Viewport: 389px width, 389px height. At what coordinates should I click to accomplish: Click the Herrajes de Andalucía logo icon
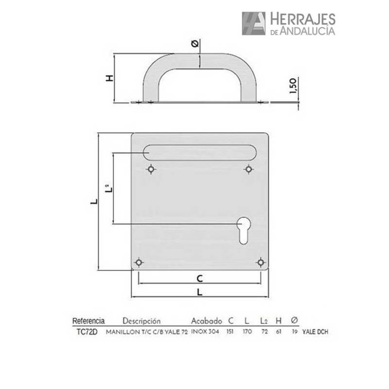[253, 23]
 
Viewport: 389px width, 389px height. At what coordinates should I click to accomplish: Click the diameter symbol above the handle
[195, 44]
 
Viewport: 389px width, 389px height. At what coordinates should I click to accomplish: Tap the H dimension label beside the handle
[109, 78]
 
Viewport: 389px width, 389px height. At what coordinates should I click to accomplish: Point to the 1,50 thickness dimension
[293, 86]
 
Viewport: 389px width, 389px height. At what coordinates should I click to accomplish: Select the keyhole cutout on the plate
[244, 230]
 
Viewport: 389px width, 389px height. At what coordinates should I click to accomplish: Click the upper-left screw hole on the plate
[151, 169]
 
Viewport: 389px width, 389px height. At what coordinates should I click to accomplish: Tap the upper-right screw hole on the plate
[248, 169]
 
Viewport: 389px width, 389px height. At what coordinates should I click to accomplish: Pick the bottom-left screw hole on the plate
[139, 262]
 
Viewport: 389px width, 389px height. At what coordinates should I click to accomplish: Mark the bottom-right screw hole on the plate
[261, 262]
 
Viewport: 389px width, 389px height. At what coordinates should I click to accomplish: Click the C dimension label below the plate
[200, 279]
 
